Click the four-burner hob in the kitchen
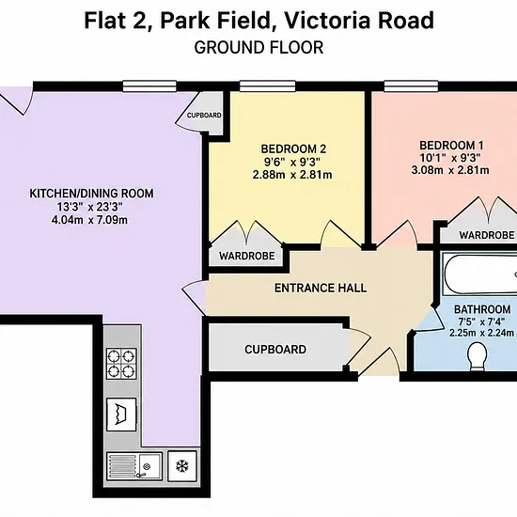(121, 364)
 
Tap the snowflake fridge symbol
(182, 466)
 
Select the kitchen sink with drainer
(134, 466)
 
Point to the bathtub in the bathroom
(479, 274)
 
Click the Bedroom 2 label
(293, 149)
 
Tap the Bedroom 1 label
(451, 146)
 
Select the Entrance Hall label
(321, 288)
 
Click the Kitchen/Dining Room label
(92, 194)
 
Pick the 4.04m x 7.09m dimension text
(89, 220)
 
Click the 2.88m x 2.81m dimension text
(292, 175)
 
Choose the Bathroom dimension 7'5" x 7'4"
(481, 321)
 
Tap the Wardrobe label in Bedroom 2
(247, 256)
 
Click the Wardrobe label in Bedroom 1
(487, 235)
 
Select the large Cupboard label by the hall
(275, 350)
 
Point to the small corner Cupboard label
(204, 116)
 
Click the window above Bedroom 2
(267, 86)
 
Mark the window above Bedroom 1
(411, 86)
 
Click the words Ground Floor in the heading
(258, 48)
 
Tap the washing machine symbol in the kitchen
(121, 415)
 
